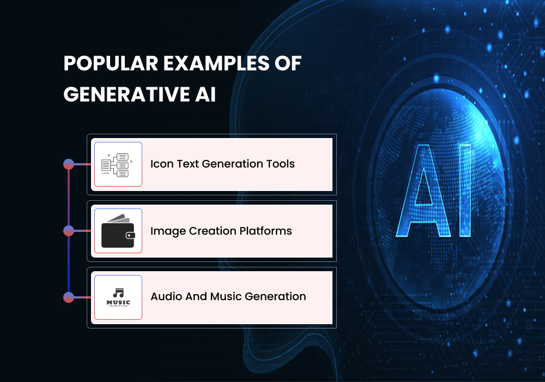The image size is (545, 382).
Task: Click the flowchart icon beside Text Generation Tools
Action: point(118,164)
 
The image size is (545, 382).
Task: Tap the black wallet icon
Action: point(118,231)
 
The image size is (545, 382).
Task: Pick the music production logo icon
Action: point(118,297)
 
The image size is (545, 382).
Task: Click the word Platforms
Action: point(267,231)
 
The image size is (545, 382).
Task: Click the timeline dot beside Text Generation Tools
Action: point(69,164)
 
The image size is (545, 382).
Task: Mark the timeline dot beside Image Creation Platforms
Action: point(69,231)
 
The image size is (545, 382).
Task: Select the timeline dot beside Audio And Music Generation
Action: point(69,297)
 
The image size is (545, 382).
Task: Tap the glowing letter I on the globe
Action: point(464,191)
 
